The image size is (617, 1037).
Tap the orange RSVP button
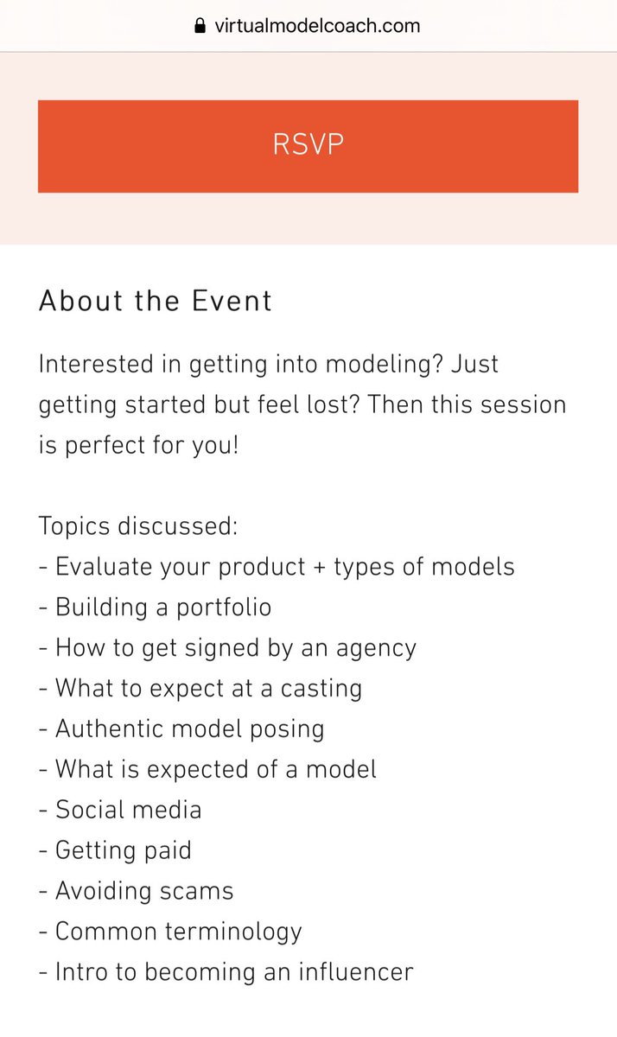click(x=308, y=145)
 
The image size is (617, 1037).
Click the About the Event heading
click(x=156, y=301)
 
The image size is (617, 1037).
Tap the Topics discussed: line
click(x=138, y=525)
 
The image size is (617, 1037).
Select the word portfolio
click(x=224, y=607)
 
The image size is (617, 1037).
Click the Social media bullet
click(x=128, y=810)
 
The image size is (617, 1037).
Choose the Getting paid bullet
click(x=123, y=850)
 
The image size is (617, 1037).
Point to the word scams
click(x=197, y=891)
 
